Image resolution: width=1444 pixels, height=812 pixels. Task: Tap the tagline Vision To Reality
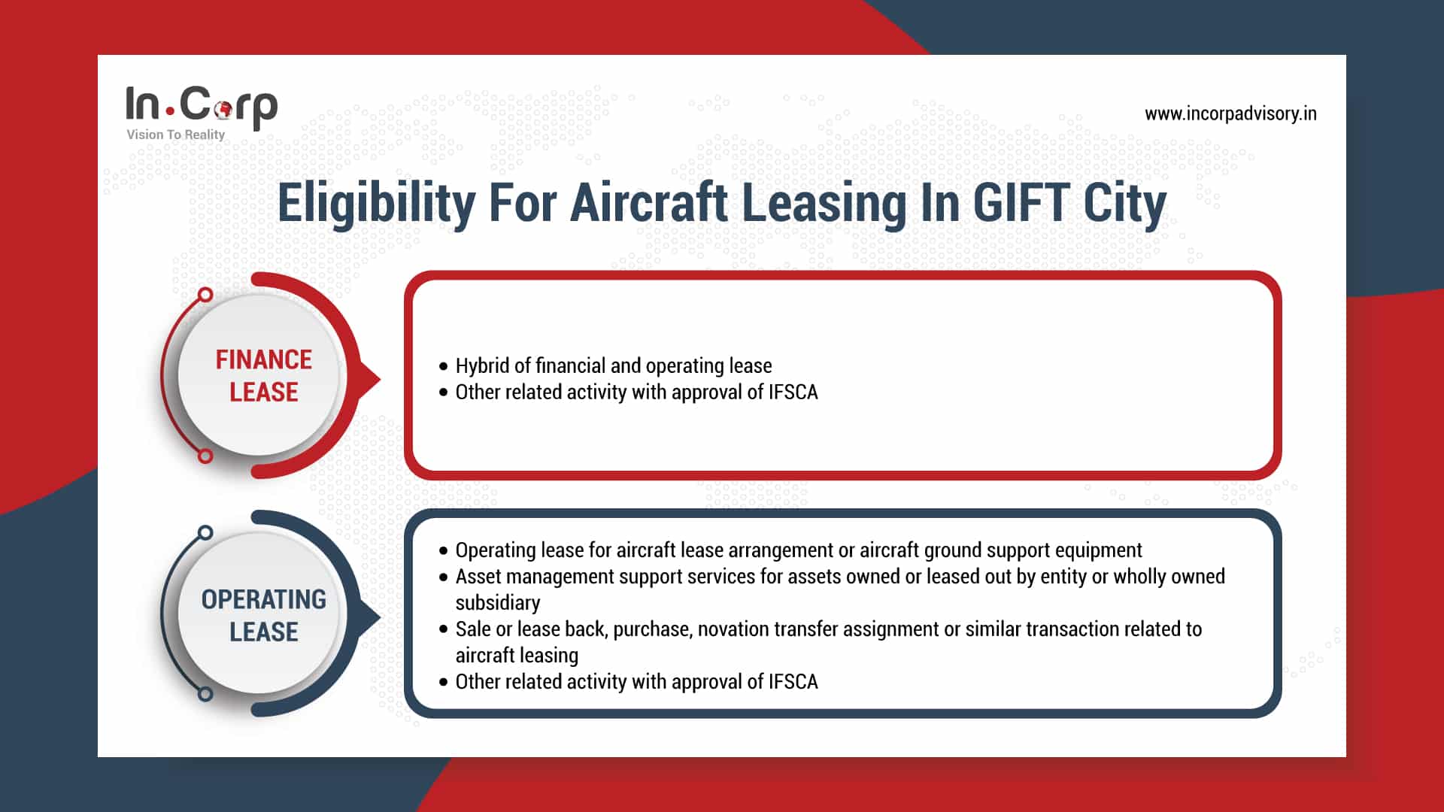175,135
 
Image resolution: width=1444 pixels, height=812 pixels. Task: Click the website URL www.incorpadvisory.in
1230,114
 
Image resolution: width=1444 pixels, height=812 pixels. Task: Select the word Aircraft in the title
648,203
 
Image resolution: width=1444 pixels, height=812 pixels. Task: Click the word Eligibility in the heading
376,203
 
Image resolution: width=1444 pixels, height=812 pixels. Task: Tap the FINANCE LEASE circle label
263,375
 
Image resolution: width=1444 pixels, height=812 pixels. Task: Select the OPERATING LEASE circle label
263,615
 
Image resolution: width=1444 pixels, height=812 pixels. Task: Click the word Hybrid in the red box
481,366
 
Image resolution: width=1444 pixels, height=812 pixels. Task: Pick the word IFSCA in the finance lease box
793,392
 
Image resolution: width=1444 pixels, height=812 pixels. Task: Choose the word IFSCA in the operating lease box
793,682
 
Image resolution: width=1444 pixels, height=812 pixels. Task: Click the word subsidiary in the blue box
497,603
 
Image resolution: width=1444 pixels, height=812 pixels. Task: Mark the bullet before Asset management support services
443,577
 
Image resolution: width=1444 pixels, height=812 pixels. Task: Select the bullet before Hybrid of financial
443,367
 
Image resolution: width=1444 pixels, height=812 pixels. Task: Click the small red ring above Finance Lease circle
205,294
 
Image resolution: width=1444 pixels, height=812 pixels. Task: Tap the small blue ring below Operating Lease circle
205,694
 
